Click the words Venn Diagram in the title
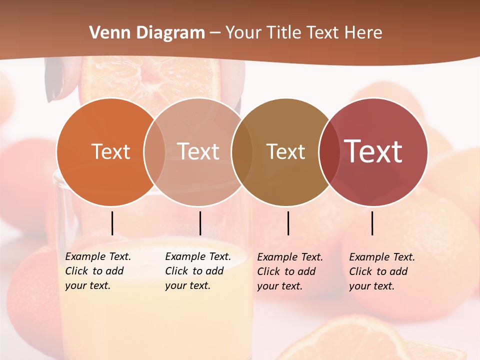pyautogui.click(x=147, y=33)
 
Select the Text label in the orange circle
pyautogui.click(x=110, y=151)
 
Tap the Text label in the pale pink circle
pyautogui.click(x=198, y=151)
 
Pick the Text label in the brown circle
pyautogui.click(x=285, y=151)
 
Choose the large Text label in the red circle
pyautogui.click(x=373, y=151)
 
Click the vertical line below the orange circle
pyautogui.click(x=112, y=223)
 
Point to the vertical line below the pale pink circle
pyautogui.click(x=200, y=223)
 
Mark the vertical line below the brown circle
pyautogui.click(x=288, y=223)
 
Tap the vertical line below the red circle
pyautogui.click(x=372, y=223)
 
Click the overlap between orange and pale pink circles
pyautogui.click(x=154, y=152)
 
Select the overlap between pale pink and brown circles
pyautogui.click(x=242, y=152)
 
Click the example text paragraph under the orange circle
pyautogui.click(x=98, y=271)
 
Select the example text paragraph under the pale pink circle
pyautogui.click(x=198, y=271)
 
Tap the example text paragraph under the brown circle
pyautogui.click(x=290, y=271)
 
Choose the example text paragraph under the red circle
pyautogui.click(x=382, y=271)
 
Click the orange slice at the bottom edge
pyautogui.click(x=350, y=340)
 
